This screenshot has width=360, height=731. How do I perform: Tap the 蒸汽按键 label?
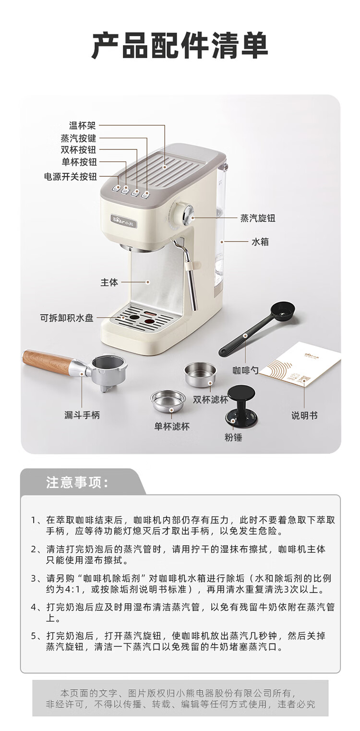point(78,138)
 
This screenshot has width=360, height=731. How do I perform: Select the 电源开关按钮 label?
point(70,176)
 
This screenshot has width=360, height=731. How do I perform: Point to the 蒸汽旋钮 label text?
point(258,218)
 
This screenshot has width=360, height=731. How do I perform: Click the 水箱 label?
point(260,242)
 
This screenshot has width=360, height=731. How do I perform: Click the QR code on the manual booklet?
point(302,380)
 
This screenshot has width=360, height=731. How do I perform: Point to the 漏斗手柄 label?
point(82,415)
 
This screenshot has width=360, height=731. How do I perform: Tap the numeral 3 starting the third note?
point(34,579)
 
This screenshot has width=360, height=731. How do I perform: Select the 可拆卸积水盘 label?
point(67,318)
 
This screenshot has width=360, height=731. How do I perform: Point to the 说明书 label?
point(304,415)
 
